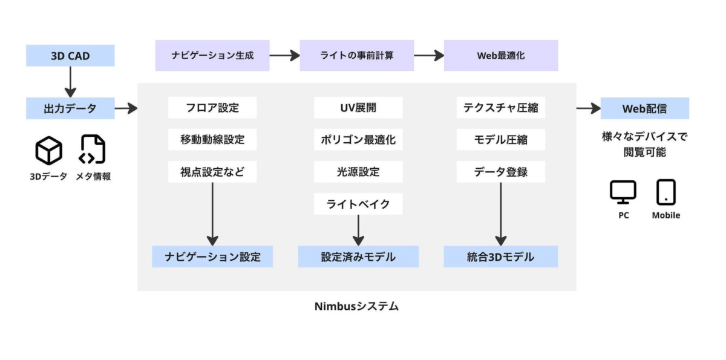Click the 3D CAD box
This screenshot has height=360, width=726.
point(70,56)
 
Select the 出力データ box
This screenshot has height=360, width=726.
point(70,109)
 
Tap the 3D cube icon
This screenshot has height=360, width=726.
point(48,151)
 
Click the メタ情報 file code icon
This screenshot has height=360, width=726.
point(93,150)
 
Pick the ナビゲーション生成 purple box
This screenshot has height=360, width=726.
point(212,56)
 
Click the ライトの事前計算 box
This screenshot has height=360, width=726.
point(356,56)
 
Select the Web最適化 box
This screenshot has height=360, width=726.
point(500,56)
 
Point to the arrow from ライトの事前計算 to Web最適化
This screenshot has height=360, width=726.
point(429,56)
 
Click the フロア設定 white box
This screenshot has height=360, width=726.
point(212,108)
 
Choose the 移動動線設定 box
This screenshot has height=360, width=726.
point(212,140)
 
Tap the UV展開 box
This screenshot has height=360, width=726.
point(358,108)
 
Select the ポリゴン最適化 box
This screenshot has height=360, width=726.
point(358,140)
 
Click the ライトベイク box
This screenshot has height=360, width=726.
point(358,204)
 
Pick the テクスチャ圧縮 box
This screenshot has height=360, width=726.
point(500,108)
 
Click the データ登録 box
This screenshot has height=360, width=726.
point(500,172)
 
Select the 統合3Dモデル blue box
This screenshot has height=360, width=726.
point(500,257)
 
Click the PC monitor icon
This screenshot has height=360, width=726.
point(623,192)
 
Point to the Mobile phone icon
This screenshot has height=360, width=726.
point(665,192)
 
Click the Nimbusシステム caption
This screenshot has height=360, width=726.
point(356,306)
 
